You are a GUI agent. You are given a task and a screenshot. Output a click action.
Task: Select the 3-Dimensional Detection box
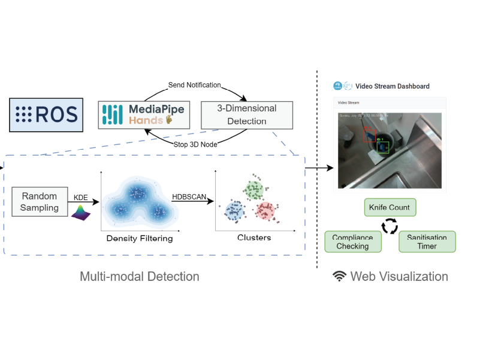pyautogui.click(x=246, y=115)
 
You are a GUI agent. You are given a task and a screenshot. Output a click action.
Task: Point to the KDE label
pyautogui.click(x=80, y=196)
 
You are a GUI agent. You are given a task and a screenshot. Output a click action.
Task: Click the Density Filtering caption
pyautogui.click(x=140, y=238)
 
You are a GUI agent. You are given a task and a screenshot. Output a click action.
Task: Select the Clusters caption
pyautogui.click(x=253, y=238)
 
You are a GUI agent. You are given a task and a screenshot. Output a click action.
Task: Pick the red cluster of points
pyautogui.click(x=266, y=211)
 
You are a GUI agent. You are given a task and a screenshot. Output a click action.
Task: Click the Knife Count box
pyautogui.click(x=390, y=208)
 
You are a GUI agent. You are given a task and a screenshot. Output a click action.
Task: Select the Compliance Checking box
pyautogui.click(x=353, y=241)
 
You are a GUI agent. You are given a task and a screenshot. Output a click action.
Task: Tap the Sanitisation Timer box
pyautogui.click(x=427, y=241)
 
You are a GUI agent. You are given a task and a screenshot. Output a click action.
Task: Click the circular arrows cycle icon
pyautogui.click(x=390, y=226)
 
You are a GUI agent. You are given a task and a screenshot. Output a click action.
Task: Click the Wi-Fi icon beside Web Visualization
pyautogui.click(x=340, y=276)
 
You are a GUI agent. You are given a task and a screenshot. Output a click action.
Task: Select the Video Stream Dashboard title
pyautogui.click(x=392, y=86)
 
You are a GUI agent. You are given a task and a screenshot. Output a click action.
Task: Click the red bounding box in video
pyautogui.click(x=369, y=134)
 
